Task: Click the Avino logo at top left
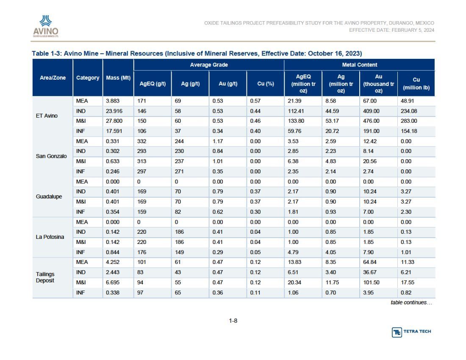[46, 26]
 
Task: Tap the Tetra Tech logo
[411, 332]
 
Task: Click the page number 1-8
[233, 321]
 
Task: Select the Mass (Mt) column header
[118, 78]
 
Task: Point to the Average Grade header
[209, 65]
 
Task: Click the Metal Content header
[360, 65]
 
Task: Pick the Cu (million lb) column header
[416, 83]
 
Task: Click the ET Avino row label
[47, 116]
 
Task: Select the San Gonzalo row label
[51, 156]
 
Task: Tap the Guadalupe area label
[49, 197]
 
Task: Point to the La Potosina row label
[50, 237]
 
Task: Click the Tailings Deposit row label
[45, 277]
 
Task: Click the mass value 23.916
[114, 111]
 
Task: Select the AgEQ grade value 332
[142, 141]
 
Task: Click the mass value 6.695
[113, 282]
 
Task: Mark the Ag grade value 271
[179, 172]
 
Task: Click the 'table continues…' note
[411, 303]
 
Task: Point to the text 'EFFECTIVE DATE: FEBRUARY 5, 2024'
[392, 30]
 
